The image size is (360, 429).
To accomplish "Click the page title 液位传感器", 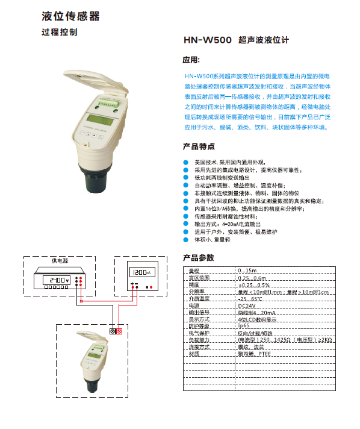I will point(71,16).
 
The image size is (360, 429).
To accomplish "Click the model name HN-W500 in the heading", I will point(207,41).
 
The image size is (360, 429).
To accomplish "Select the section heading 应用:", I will point(190,61).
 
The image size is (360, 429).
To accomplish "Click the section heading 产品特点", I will point(198,146).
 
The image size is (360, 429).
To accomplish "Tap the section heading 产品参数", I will point(198,258).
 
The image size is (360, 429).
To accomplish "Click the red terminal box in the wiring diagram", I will point(119,331).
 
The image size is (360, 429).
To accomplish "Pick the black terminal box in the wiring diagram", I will point(113,331).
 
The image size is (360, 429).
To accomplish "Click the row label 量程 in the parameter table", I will point(194,271).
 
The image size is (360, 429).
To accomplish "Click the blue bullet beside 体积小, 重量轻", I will point(185,239).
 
